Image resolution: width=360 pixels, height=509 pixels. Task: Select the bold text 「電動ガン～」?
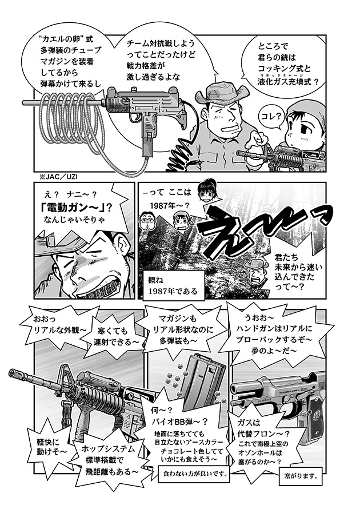click(77, 207)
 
